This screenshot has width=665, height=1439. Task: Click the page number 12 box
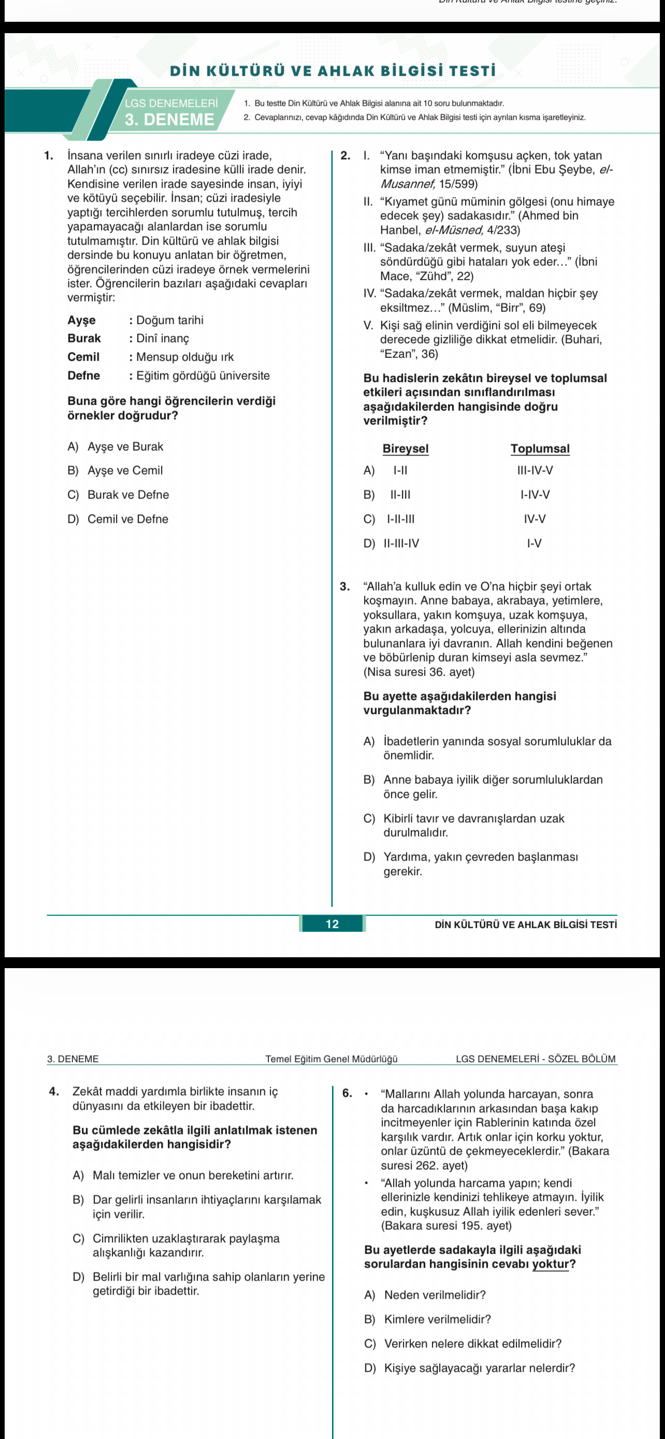click(332, 924)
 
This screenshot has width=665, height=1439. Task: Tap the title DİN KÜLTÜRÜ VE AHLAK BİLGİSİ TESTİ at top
click(333, 71)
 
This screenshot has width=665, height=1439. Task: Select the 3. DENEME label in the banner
click(169, 120)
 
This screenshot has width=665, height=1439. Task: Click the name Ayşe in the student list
click(81, 320)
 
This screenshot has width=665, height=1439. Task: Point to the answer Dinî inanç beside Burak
click(163, 339)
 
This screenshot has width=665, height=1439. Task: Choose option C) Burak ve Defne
click(118, 495)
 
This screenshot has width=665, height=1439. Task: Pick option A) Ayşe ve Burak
click(115, 447)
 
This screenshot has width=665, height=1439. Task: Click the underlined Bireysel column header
click(406, 449)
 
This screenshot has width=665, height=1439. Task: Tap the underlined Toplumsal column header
click(540, 449)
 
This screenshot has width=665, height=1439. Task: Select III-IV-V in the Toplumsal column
click(535, 470)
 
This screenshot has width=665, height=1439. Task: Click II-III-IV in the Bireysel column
click(401, 543)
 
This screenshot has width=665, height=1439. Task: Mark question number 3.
click(345, 586)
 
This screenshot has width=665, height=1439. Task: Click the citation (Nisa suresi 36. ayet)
click(419, 672)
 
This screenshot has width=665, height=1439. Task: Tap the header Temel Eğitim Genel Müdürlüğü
click(331, 1059)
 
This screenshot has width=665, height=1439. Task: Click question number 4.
click(54, 1091)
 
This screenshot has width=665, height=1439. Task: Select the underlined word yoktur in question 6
click(550, 1264)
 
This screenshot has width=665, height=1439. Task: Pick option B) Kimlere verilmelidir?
click(428, 1319)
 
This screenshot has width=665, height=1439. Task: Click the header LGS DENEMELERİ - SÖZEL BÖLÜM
click(536, 1059)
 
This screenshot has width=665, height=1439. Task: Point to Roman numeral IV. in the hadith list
click(370, 293)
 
